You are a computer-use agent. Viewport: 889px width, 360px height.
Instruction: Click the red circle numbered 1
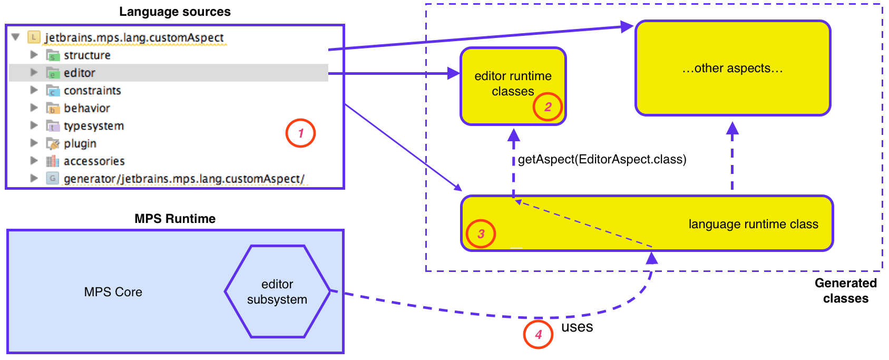[300, 133]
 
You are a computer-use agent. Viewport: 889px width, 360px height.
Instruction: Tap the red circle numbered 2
[548, 107]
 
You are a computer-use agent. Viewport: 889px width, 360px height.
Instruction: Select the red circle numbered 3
[481, 234]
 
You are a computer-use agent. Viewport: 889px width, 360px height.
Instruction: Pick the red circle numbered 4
[538, 334]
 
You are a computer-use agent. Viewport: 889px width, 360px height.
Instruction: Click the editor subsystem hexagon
[277, 291]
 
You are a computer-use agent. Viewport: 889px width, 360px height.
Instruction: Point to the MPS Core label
[113, 292]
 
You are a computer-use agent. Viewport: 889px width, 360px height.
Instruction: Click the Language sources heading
[174, 12]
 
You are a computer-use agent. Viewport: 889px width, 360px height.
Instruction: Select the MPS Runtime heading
[174, 219]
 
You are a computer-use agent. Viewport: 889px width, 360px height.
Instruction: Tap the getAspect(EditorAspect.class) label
[602, 159]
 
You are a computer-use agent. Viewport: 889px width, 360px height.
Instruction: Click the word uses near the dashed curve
[577, 327]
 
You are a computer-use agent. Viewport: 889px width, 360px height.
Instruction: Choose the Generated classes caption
[845, 290]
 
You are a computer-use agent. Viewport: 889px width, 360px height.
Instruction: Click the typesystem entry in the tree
[94, 126]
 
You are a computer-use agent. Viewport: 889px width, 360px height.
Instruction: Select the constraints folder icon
[53, 91]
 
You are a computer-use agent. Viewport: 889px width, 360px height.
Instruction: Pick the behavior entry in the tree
[87, 108]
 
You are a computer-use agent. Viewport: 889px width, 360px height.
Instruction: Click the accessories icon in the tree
[53, 161]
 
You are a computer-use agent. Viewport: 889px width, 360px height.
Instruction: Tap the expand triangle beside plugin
[34, 143]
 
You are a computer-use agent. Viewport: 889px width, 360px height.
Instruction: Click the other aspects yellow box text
[732, 69]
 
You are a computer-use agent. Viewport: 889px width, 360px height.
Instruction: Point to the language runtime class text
[753, 224]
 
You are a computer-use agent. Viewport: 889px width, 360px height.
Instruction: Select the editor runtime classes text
[513, 84]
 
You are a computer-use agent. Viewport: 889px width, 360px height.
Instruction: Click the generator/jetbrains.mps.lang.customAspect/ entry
[184, 179]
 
